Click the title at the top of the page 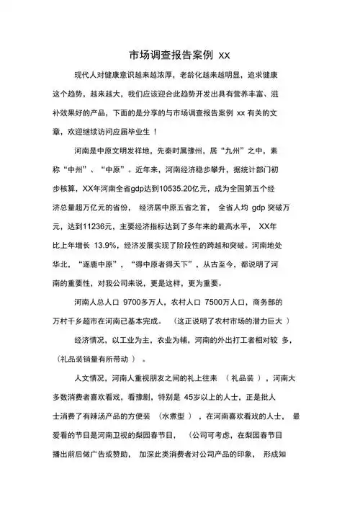(180, 54)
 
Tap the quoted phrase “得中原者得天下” (172, 263)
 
